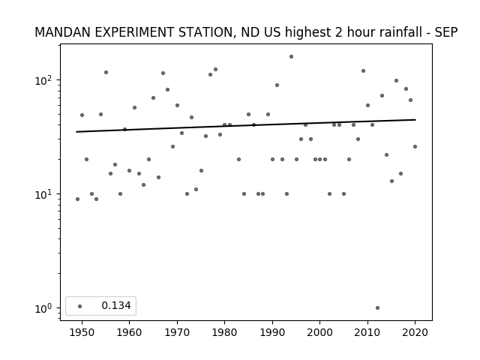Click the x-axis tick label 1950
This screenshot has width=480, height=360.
82,332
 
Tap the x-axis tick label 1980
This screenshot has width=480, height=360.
224,332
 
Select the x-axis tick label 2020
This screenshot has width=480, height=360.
415,332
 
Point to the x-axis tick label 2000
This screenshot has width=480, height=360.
320,332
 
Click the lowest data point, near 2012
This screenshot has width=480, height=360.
377,308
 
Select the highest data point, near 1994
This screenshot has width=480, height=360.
291,57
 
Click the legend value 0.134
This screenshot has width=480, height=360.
116,305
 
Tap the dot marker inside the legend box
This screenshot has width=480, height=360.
80,306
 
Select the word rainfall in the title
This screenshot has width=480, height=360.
403,32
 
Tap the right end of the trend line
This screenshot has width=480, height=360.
415,120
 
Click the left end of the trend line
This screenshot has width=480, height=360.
76,132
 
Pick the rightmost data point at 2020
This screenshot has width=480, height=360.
415,147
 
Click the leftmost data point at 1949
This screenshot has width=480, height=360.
77,199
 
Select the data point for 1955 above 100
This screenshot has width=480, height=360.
106,73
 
